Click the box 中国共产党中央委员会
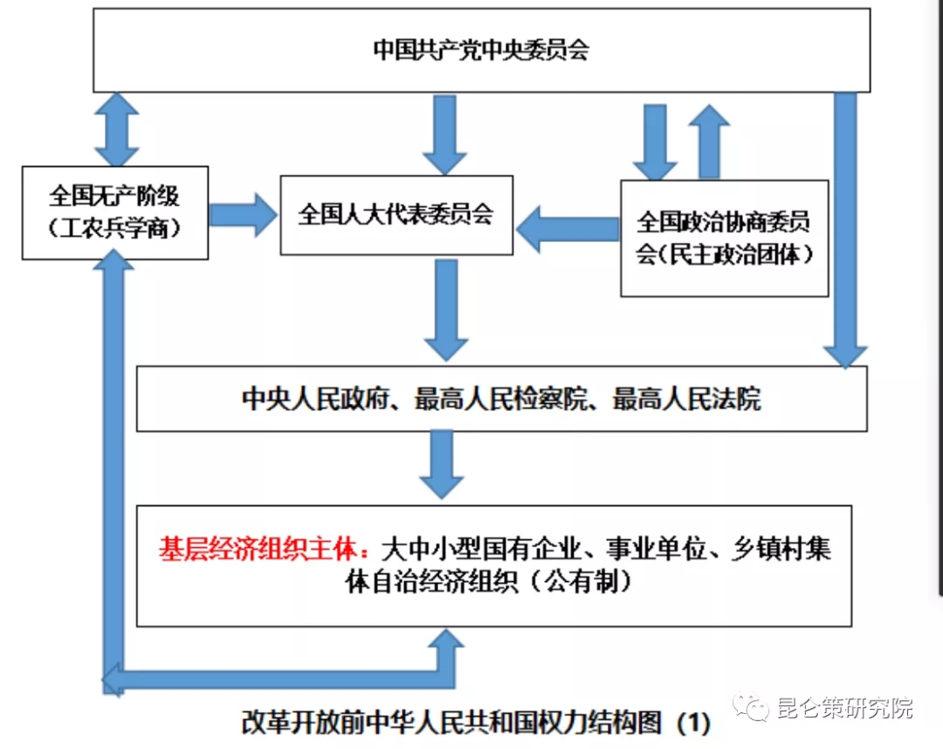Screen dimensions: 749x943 coord(481,50)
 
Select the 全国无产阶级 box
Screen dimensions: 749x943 coord(114,212)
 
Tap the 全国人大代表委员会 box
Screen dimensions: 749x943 coord(396,215)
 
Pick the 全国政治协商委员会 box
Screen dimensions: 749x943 coord(724,238)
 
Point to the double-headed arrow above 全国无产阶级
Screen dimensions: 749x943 coord(117,129)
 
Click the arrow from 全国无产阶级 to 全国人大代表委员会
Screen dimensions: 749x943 coord(243,214)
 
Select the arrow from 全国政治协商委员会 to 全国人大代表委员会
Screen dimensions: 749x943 coord(567,229)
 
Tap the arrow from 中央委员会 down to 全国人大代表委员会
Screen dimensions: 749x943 coord(445,133)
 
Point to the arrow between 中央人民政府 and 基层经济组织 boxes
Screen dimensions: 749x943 coord(445,465)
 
